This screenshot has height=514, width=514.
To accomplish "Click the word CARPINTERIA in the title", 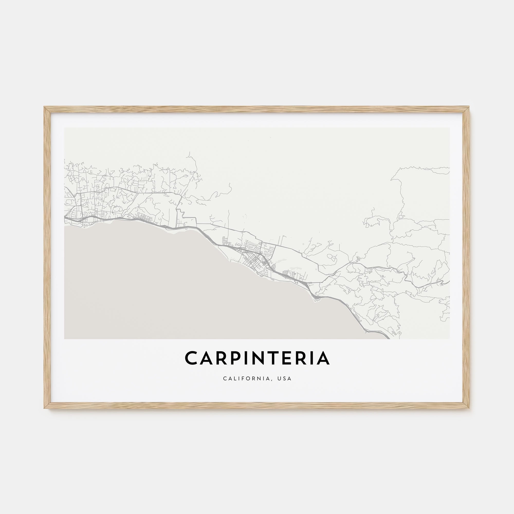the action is tap(257, 358).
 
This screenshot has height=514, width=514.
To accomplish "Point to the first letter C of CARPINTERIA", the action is tap(191, 358).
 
